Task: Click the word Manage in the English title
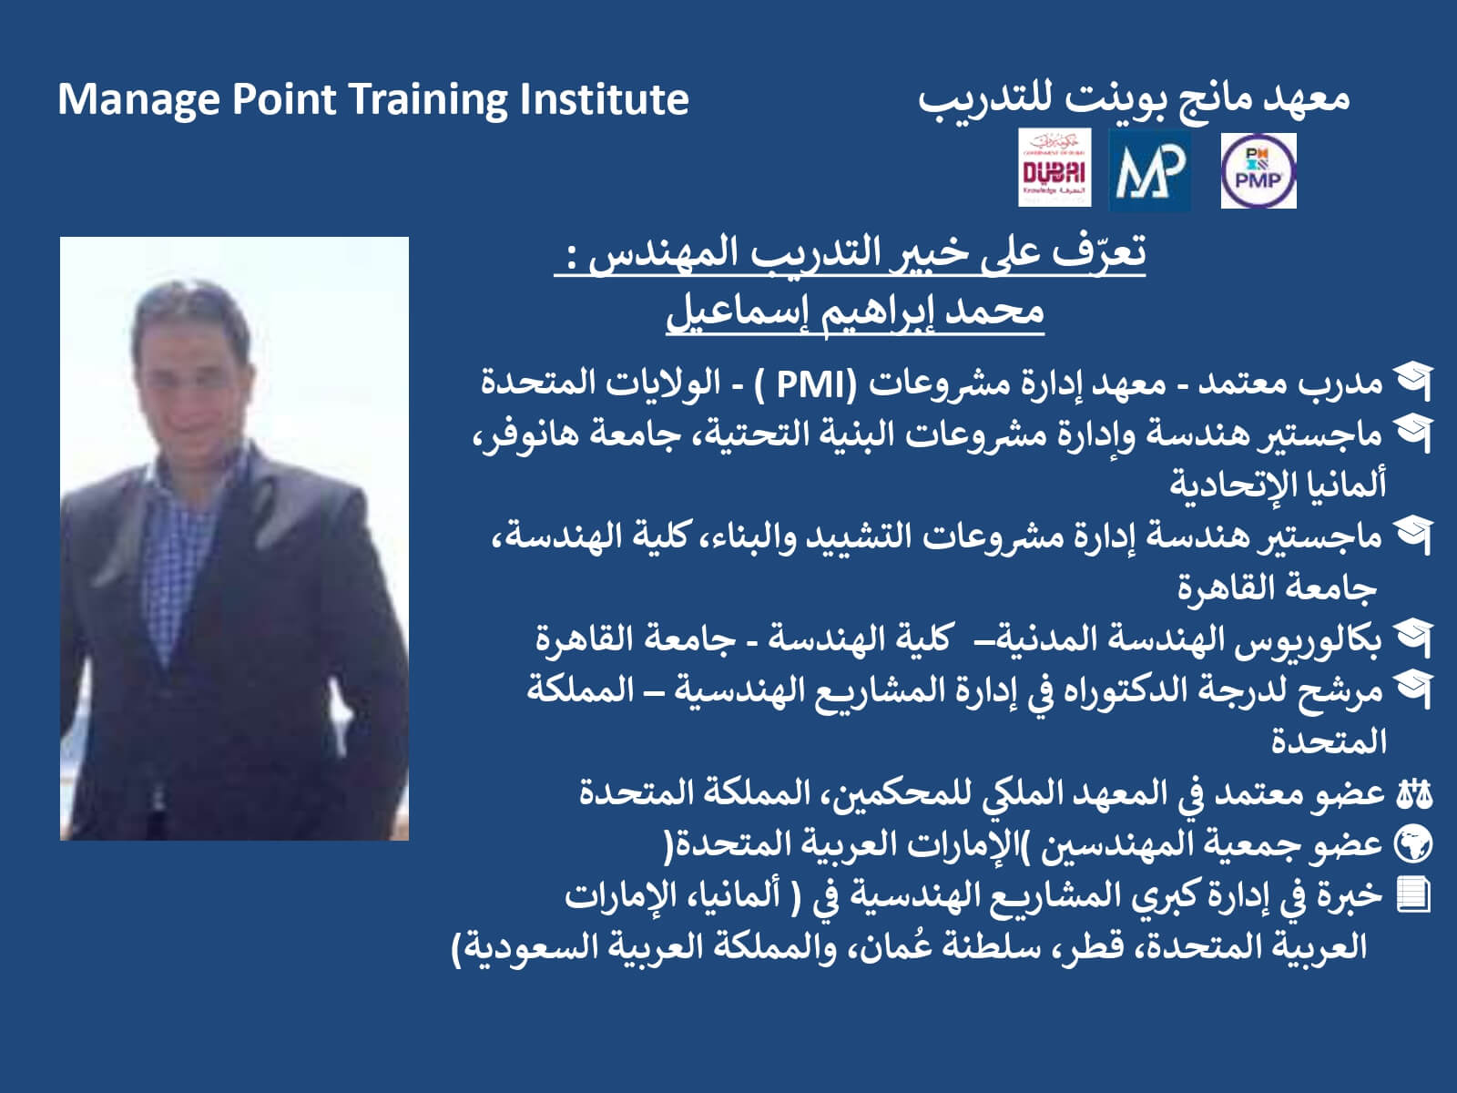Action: (138, 99)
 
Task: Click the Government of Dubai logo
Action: (1055, 168)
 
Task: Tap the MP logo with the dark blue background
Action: (1150, 170)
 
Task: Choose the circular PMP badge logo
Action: (1258, 170)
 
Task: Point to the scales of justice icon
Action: (1414, 794)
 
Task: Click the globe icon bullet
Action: (1414, 845)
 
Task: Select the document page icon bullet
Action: (1413, 896)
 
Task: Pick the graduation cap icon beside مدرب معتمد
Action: (1413, 383)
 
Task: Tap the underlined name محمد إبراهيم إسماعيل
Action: (855, 312)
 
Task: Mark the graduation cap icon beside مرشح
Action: (1413, 690)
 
